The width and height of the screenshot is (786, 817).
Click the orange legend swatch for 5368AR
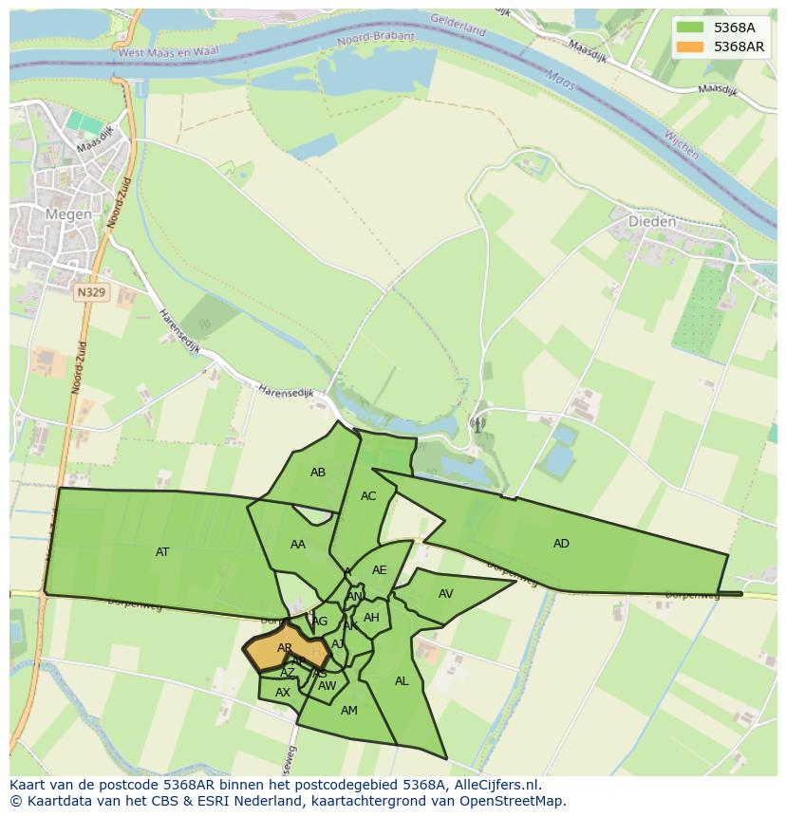coord(690,46)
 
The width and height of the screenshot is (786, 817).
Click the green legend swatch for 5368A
coord(690,28)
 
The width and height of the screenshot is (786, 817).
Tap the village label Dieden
coord(652,222)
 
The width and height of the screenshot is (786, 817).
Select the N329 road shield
coord(91,293)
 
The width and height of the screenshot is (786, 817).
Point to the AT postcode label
coord(162,551)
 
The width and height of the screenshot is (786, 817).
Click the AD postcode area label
coord(561,544)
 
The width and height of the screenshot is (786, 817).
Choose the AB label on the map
coord(318,473)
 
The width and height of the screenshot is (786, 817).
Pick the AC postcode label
coord(368,496)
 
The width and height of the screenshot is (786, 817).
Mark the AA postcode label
coord(298,545)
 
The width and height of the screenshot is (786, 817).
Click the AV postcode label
coord(446,594)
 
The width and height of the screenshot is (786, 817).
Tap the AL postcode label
coord(402,681)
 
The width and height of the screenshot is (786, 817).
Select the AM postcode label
coord(348,711)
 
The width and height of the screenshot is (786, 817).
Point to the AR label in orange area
coord(285,648)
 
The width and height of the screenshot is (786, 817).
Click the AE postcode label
coord(380,570)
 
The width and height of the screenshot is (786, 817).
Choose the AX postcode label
coord(282,693)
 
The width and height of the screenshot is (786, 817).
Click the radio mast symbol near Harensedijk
coord(477,424)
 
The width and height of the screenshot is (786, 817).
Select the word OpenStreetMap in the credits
coord(515,801)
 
